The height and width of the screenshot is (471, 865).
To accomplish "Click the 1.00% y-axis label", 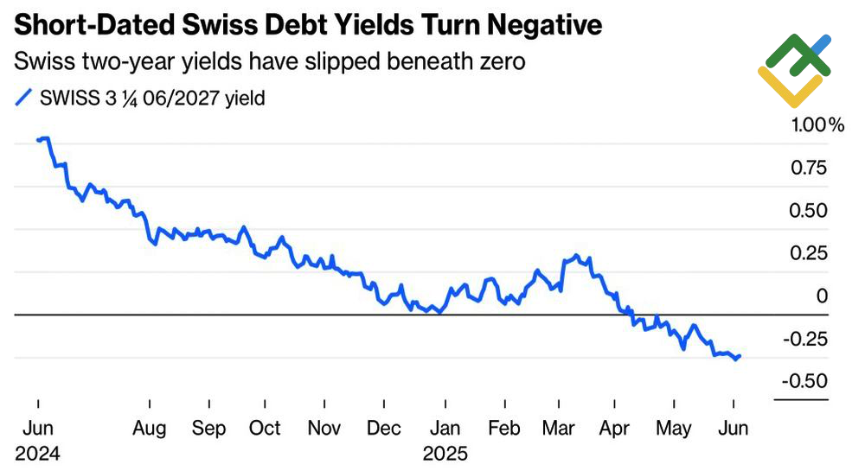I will pos(817,125).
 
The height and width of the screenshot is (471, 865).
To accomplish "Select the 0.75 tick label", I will pos(811,168).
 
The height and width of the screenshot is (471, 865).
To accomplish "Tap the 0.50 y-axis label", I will pos(811,211).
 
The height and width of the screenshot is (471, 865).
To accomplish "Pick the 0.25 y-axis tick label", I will pos(811,254).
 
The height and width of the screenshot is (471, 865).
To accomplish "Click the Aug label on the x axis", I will pos(150,430).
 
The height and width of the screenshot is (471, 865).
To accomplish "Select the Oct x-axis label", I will pos(265,430).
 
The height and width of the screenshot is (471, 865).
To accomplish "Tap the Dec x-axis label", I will pos(383,430).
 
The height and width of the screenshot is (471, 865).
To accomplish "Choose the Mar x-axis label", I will pos(560,430).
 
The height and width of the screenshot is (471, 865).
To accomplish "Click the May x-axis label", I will pos(674,430).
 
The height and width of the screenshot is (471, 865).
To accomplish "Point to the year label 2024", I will pos(36,454).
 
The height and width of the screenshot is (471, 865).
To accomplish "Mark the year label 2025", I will pos(445,454).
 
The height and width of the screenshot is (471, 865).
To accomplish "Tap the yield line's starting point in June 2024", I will pos(39,139).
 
